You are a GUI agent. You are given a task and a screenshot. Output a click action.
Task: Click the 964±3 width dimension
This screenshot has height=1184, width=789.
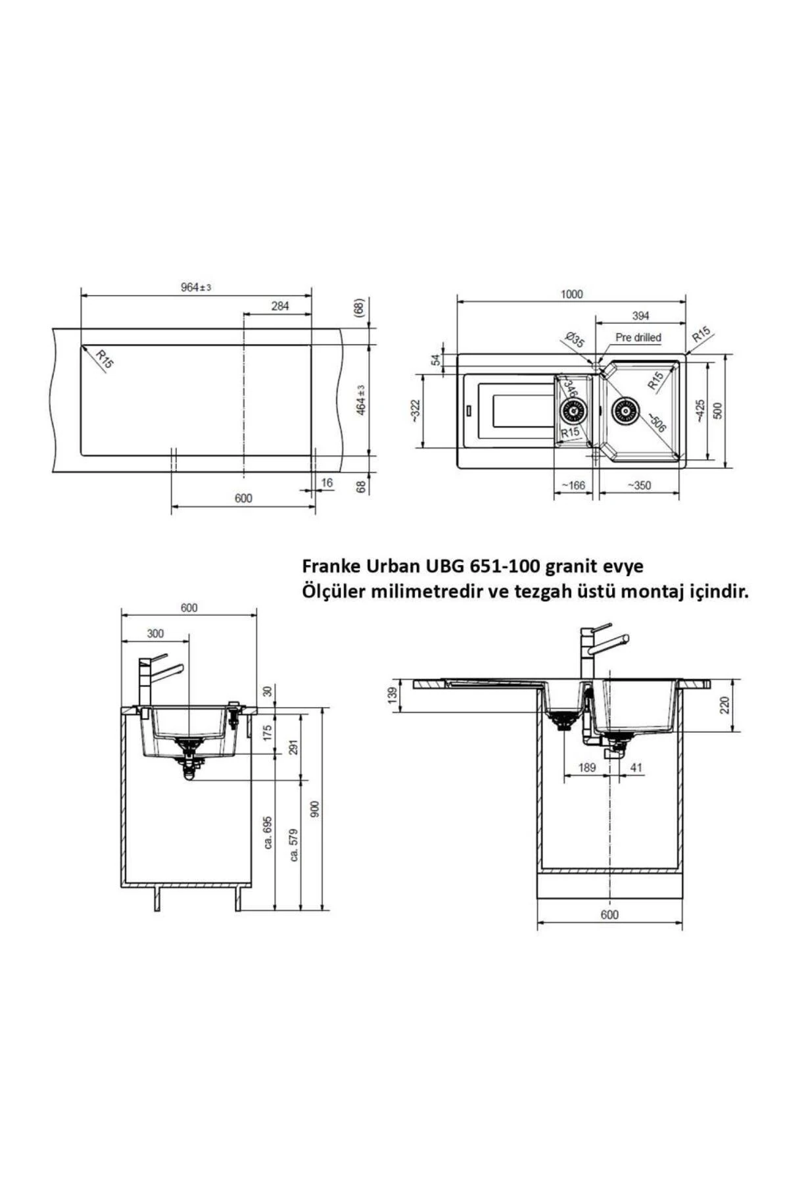[195, 288]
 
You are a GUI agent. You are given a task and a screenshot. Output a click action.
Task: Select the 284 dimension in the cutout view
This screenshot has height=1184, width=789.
[280, 306]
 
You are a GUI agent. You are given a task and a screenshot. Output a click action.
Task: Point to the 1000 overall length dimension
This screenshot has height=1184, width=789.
[571, 294]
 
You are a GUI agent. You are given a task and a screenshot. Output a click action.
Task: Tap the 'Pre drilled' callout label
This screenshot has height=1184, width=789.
[638, 337]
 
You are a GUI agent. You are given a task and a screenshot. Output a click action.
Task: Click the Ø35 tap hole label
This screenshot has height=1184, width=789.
[575, 340]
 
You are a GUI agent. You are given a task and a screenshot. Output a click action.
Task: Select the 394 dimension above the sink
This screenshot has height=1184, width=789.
[640, 316]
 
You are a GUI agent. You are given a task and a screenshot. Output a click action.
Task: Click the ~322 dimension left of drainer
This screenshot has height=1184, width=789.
[414, 411]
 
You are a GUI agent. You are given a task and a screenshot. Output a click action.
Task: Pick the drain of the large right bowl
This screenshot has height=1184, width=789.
[623, 412]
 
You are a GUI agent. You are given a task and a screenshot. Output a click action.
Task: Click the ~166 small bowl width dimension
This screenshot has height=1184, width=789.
[573, 486]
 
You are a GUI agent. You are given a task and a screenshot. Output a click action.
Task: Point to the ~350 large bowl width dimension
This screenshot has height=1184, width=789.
[639, 486]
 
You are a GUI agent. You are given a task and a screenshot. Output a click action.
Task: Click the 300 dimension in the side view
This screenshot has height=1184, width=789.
[155, 633]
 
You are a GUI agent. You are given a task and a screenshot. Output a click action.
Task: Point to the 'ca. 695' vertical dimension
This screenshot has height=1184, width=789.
[268, 833]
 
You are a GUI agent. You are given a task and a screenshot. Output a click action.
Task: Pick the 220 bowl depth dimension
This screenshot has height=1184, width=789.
[725, 706]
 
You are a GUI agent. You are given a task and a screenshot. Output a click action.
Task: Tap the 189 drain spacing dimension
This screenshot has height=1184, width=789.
[586, 768]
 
